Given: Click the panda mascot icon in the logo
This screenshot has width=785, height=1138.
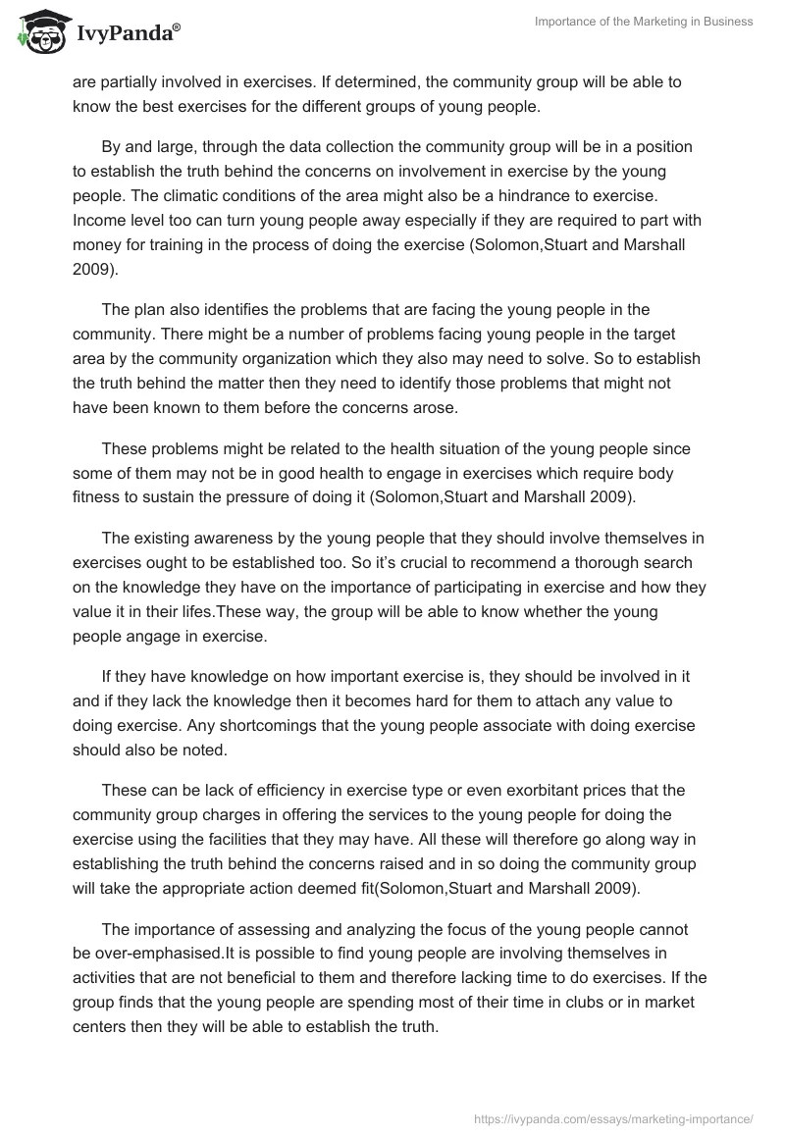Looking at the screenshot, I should tap(38, 35).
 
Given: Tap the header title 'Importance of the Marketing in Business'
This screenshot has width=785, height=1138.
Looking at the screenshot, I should tap(644, 22).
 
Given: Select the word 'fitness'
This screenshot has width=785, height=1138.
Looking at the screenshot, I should tap(95, 497).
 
